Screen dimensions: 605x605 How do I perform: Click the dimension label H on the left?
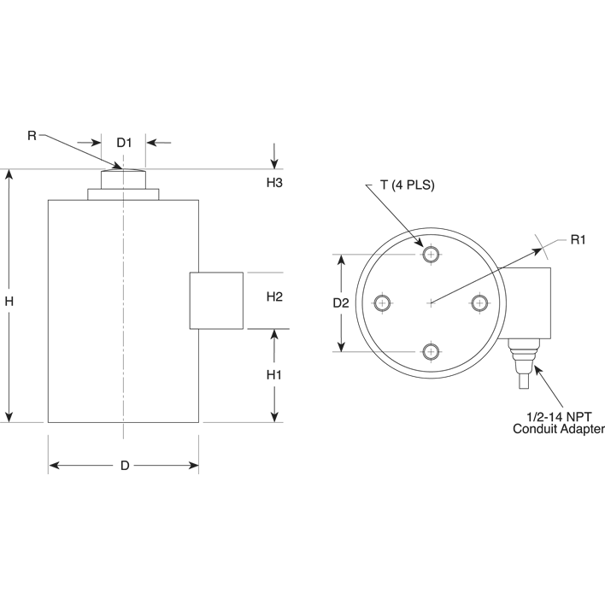coord(9,302)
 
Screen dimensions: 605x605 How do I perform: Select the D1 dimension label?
coord(124,142)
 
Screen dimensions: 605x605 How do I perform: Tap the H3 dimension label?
coord(274,183)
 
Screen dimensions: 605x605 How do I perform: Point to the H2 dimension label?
coord(274,297)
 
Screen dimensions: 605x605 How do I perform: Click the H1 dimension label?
coord(274,375)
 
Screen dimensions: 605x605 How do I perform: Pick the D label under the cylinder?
coord(124,466)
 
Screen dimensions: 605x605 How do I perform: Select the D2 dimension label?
coord(341,302)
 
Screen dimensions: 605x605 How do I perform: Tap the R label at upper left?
coord(32,135)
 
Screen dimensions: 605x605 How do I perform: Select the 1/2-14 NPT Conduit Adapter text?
coord(558,422)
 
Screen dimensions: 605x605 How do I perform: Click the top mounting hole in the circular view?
coord(431,254)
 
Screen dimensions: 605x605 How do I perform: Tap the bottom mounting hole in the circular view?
coord(431,352)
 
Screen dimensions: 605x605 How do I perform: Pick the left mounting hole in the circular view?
coord(382,302)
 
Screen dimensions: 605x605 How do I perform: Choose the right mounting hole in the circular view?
coord(480,302)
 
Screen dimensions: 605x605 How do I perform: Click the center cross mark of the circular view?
coord(431,302)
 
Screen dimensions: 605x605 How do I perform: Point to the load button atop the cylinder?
coord(124,179)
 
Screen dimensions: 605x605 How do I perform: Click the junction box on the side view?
coord(215,300)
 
